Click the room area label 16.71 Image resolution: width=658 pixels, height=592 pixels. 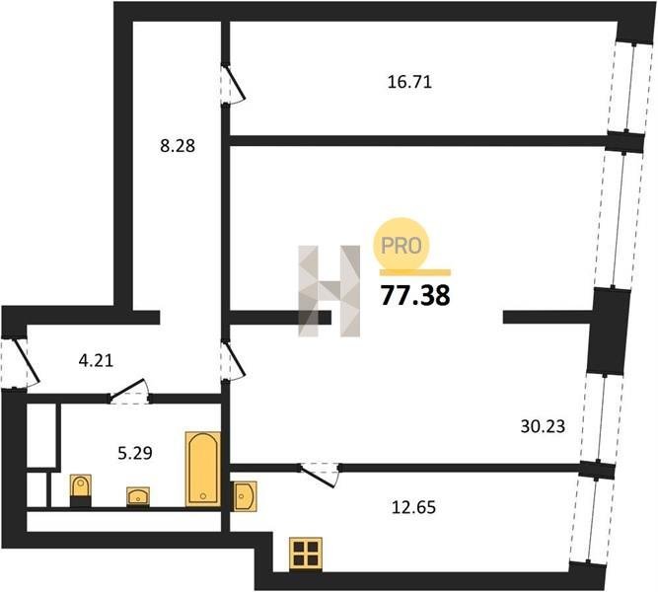tap(409, 82)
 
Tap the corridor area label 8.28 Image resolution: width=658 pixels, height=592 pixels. tap(178, 146)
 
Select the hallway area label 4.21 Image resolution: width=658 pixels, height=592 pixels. tap(96, 361)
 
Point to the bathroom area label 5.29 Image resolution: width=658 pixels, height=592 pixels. tap(135, 453)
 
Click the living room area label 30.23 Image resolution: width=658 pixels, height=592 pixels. tap(543, 426)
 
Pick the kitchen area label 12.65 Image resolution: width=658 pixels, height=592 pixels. tap(413, 507)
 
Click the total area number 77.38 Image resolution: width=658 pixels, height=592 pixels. tap(415, 295)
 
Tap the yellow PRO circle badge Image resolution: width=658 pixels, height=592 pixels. tap(402, 245)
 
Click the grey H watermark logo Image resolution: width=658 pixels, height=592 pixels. tap(329, 291)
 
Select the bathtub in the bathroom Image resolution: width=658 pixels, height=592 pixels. tap(203, 469)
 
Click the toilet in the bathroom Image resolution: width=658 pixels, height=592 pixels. tap(81, 489)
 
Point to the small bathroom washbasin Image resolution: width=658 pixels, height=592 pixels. tap(138, 496)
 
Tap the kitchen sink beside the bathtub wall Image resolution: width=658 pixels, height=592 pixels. tap(244, 496)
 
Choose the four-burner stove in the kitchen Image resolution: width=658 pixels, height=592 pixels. tap(306, 555)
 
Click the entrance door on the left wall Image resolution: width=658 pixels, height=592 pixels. tap(20, 363)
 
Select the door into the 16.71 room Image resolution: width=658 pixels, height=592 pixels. tap(233, 84)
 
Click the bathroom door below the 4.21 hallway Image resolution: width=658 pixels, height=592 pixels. tap(129, 392)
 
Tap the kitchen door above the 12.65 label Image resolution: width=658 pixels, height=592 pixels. tap(320, 475)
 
